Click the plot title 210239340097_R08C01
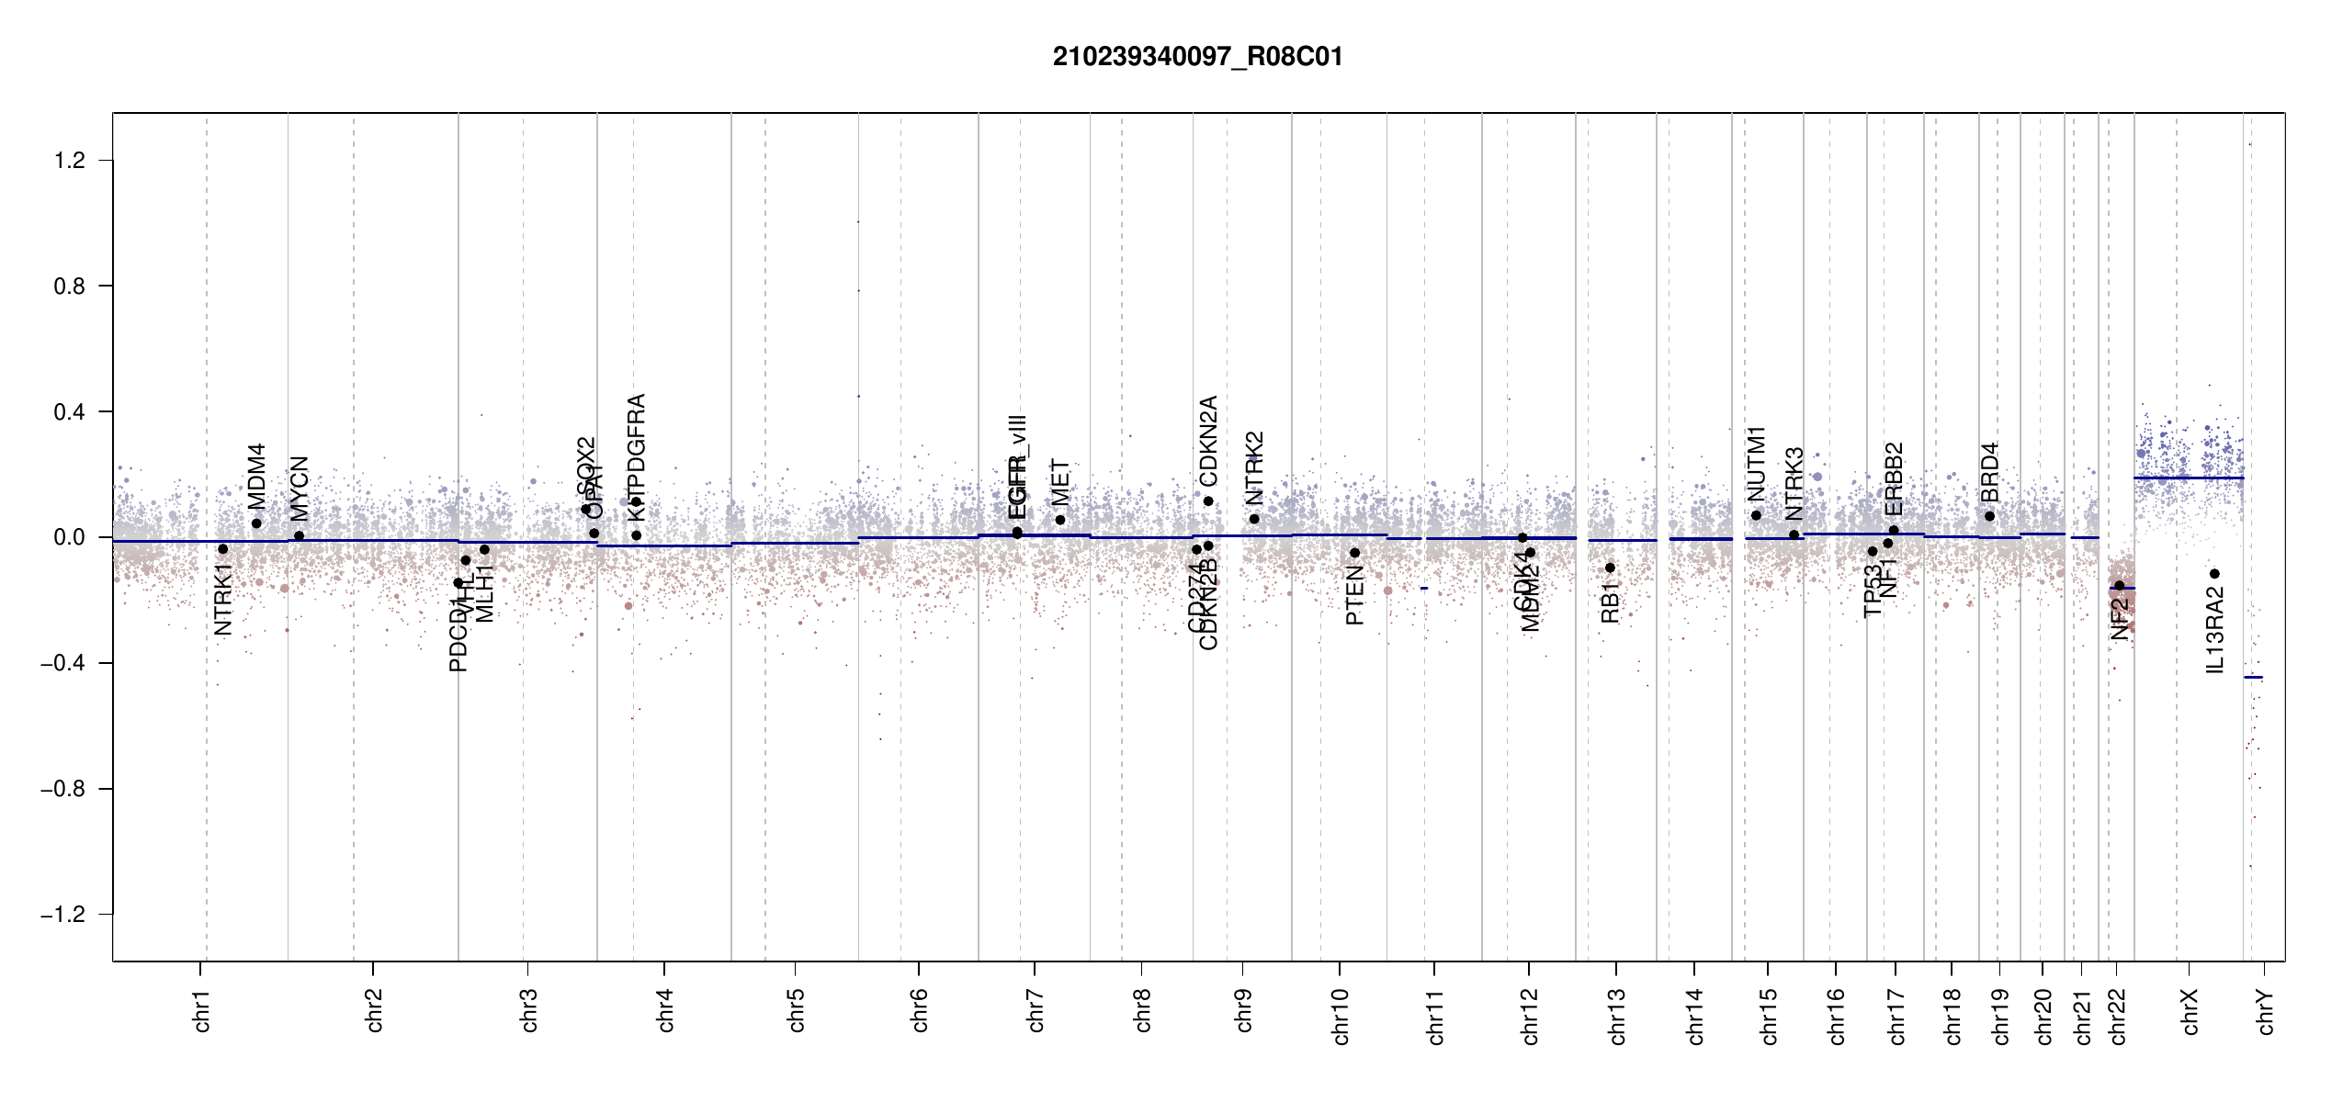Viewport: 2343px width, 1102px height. click(x=1197, y=57)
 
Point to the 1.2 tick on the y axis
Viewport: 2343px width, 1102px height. click(x=70, y=161)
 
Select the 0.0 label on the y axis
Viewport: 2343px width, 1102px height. click(x=70, y=537)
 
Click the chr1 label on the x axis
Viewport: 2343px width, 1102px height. click(x=202, y=1010)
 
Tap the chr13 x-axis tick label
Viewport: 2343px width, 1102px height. click(x=1617, y=1016)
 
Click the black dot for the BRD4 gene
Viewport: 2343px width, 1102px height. click(x=1989, y=516)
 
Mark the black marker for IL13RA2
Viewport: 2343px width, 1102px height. click(x=2214, y=574)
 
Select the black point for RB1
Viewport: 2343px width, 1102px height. click(x=1610, y=568)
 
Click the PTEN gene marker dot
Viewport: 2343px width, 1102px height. click(x=1354, y=553)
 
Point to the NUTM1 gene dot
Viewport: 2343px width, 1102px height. click(x=1756, y=515)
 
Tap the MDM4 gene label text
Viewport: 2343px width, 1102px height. click(x=256, y=476)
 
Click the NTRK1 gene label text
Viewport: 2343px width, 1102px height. click(x=222, y=600)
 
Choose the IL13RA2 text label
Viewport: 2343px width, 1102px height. click(x=2215, y=631)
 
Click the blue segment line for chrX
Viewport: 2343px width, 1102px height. click(x=2188, y=478)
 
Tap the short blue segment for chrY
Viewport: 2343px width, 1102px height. click(x=2253, y=678)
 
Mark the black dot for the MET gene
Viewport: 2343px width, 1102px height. click(x=1060, y=520)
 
